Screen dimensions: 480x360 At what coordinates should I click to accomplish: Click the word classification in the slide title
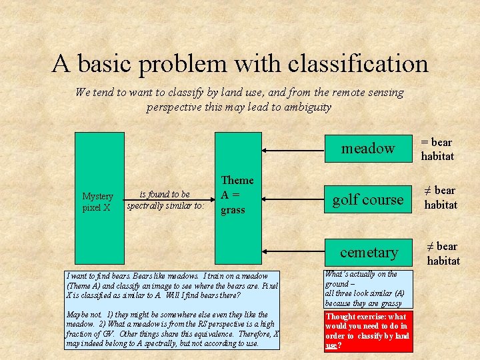click(358, 64)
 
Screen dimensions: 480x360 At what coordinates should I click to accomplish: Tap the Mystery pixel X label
click(97, 201)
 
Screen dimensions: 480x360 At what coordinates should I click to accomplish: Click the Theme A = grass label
click(237, 195)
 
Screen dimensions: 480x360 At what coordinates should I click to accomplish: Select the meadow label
click(368, 149)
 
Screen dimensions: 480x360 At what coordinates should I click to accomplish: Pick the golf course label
click(368, 199)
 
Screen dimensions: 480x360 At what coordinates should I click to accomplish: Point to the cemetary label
click(369, 253)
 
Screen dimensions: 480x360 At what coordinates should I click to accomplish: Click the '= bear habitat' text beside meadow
click(437, 149)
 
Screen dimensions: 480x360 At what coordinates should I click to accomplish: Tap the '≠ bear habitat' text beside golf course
click(441, 198)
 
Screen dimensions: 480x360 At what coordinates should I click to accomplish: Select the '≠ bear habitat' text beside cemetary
click(443, 253)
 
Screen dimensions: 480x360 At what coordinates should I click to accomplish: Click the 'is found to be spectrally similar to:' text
click(166, 200)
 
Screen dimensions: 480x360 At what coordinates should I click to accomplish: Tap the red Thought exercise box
click(367, 331)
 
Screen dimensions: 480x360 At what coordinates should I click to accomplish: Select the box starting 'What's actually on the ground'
click(367, 289)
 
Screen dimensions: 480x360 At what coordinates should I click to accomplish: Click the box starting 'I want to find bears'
click(173, 285)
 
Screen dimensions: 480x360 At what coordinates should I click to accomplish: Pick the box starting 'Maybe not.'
click(173, 329)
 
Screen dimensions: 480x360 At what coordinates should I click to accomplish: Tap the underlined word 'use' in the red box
click(331, 346)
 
